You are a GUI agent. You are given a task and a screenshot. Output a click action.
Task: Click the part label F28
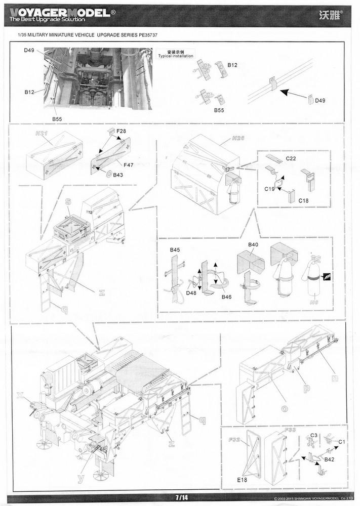tap(121, 132)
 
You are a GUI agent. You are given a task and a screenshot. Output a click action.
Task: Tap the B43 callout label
tap(118, 175)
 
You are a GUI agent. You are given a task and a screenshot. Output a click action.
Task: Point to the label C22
tap(291, 158)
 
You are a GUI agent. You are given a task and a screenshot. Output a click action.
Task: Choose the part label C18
tap(303, 200)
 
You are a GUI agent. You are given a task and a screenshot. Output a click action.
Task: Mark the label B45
tap(175, 250)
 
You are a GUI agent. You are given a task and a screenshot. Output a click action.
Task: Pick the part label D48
tap(191, 292)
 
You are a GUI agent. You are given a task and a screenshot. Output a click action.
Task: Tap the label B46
tap(226, 297)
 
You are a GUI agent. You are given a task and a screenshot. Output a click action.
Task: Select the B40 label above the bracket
tap(253, 245)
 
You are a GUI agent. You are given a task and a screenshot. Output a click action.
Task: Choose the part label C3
tap(313, 435)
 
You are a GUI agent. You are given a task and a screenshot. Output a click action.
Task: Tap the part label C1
tap(342, 441)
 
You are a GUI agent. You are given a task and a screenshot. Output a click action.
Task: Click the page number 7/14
tap(180, 498)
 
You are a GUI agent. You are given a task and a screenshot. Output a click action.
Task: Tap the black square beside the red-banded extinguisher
tap(327, 276)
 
